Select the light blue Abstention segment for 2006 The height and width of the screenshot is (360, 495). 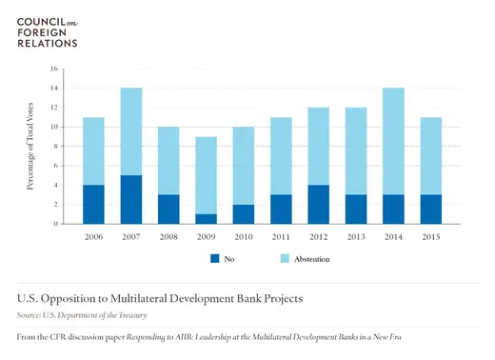[x=94, y=150]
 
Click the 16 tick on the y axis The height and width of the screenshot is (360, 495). [x=54, y=69]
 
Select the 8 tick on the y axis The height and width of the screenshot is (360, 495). [x=56, y=146]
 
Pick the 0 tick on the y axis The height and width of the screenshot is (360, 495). [x=56, y=224]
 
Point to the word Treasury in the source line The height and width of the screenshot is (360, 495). [x=129, y=314]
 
